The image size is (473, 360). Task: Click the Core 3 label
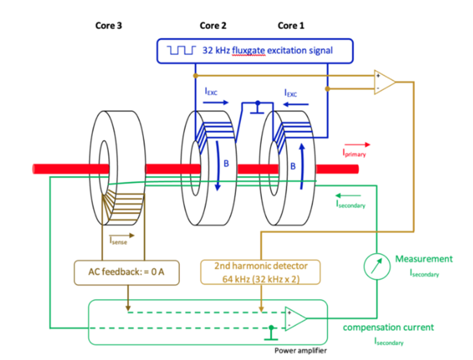coord(112,25)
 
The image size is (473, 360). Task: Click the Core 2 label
coord(213,25)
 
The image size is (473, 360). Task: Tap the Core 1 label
coord(291,25)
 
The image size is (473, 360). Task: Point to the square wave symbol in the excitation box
coord(181,51)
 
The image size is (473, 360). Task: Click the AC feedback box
coord(126,272)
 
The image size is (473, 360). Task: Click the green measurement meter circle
coord(376,266)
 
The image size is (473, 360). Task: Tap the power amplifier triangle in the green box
coord(294,320)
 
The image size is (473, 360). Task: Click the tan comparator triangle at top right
coord(383,81)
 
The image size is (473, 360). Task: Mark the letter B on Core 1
coord(293,166)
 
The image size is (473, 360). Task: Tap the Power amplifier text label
coord(300,351)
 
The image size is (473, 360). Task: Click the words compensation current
coord(388,327)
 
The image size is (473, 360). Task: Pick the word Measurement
coord(424,259)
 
